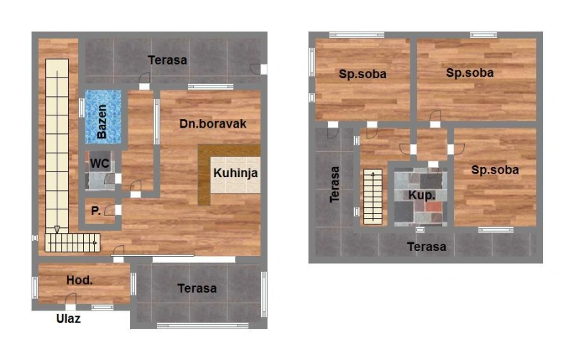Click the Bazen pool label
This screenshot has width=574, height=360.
[102, 121]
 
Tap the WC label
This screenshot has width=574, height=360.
[100, 164]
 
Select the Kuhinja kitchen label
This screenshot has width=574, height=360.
[235, 173]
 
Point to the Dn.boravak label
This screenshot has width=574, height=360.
[212, 123]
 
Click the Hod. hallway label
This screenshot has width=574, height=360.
[79, 280]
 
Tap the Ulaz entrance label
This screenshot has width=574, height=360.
[68, 318]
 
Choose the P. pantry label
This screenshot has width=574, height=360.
[95, 211]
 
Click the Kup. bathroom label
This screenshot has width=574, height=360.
[422, 195]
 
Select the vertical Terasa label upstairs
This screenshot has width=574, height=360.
[334, 184]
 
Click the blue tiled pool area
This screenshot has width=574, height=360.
[103, 117]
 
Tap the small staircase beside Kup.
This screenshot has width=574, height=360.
[372, 196]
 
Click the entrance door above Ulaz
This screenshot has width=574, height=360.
[70, 301]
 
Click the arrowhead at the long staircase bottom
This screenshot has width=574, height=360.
[57, 229]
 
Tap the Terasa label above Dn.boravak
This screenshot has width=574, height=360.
[167, 60]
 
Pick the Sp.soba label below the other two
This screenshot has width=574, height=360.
[495, 170]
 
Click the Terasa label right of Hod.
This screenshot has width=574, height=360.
[197, 288]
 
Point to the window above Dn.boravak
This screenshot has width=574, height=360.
[210, 87]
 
